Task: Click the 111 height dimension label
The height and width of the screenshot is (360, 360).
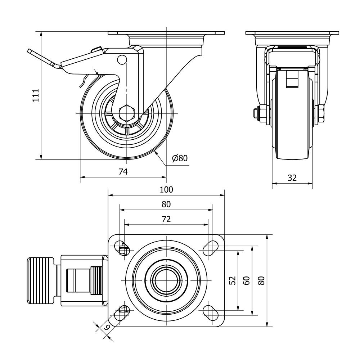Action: click(x=35, y=95)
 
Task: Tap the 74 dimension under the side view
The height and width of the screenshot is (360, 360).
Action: click(x=123, y=172)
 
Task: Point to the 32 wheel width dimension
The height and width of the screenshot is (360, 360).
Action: click(x=292, y=177)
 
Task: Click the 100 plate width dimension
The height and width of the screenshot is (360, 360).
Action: click(x=166, y=189)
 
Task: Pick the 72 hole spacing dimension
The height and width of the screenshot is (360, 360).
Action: click(x=166, y=219)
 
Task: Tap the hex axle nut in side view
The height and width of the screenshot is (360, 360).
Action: click(x=126, y=113)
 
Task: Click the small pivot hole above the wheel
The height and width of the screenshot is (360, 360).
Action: click(x=122, y=59)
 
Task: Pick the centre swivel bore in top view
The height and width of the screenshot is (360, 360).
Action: click(x=166, y=280)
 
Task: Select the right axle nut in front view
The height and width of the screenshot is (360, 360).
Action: click(x=320, y=113)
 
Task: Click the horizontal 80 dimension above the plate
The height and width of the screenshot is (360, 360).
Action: click(x=166, y=204)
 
